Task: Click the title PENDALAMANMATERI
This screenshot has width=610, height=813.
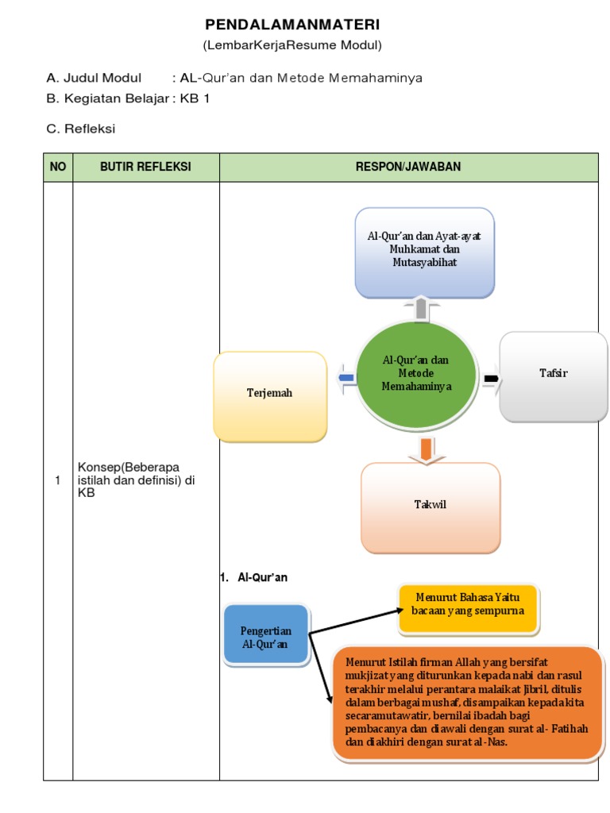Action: tap(292, 25)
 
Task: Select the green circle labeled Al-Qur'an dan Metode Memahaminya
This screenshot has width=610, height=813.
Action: tap(416, 373)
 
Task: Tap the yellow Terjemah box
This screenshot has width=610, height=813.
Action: tap(270, 395)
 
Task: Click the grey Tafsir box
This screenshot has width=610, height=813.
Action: tap(553, 374)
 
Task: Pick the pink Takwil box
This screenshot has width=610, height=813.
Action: tap(430, 505)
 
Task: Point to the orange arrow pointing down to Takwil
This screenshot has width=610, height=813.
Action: tap(427, 449)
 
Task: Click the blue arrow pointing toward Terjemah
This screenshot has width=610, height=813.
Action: tap(346, 379)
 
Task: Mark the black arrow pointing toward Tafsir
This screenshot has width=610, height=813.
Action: tap(492, 379)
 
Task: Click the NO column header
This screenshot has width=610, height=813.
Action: tap(58, 167)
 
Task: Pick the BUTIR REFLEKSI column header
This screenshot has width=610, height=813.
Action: tap(145, 167)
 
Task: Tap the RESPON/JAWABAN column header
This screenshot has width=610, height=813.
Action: tap(408, 167)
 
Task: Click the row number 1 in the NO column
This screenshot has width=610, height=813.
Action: tap(57, 480)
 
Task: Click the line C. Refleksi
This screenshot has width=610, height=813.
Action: tap(81, 129)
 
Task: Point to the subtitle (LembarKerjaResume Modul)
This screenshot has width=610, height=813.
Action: tap(292, 45)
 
